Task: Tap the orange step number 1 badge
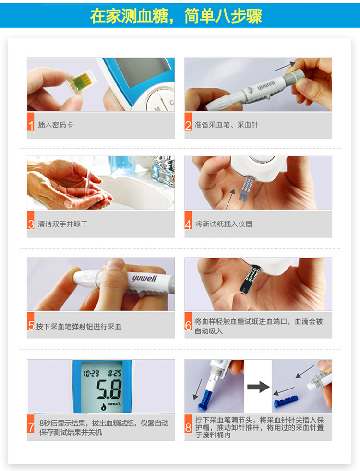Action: (x=31, y=125)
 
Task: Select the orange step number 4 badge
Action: (x=188, y=224)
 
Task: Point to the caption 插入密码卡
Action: (x=56, y=125)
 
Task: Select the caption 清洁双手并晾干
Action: (x=63, y=224)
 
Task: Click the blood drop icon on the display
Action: (x=103, y=406)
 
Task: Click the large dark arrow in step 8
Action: (x=258, y=387)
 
